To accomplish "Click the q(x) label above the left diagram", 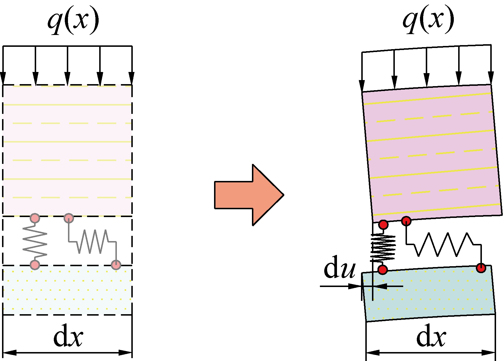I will pos(73,20).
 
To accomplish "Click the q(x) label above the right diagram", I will pos(428,20).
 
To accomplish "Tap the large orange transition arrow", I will pos(249,195).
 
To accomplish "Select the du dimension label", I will pos(339,267).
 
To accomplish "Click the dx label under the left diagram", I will pos(68,337).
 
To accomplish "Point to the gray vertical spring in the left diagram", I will pos(35,241).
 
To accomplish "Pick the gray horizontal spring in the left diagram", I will pos(93,242).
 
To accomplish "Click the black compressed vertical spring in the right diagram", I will pos(383,247).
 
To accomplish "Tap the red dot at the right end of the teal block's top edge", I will pos(481,268).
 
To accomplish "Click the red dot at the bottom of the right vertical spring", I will pos(383,270).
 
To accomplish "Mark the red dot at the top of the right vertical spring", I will pos(384,224).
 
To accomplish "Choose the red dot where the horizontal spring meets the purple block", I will pos(406,221).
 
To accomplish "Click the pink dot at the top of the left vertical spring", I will pos(35,218).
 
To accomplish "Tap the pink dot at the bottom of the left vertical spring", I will pos(35,264).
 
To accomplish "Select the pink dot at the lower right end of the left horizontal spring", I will pos(116,264).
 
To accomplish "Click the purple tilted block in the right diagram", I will pos(431,153).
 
